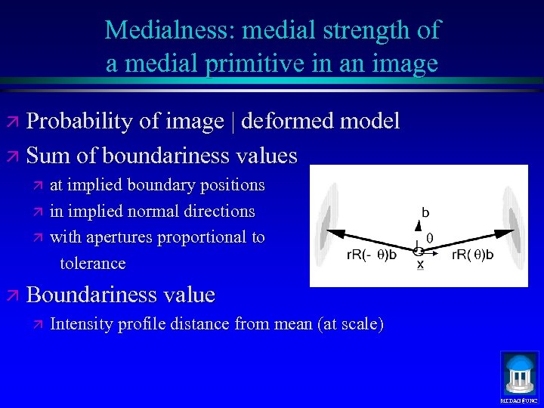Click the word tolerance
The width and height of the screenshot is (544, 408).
coord(93,263)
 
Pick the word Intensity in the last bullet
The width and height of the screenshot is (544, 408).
coord(82,324)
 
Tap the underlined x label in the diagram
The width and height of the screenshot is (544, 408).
coord(420,265)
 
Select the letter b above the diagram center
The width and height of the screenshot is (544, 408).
coord(425,214)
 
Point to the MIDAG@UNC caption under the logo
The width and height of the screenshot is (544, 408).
coord(519,400)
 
